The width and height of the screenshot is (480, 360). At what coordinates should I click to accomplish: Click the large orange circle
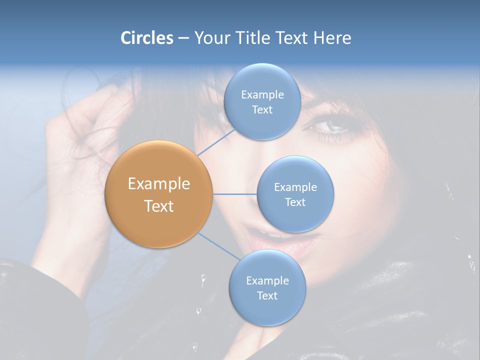[x=159, y=194]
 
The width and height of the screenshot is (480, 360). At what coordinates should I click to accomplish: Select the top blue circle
[x=262, y=101]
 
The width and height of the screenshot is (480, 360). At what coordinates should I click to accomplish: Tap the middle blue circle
[x=295, y=194]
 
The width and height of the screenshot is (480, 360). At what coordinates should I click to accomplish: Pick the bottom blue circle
[x=267, y=287]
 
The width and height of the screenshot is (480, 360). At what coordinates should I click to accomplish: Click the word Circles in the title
[x=147, y=38]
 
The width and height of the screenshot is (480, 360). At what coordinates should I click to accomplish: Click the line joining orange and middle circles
[x=235, y=194]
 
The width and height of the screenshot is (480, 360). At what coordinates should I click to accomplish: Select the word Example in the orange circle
[x=159, y=184]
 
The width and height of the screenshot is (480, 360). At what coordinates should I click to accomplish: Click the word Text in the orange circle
[x=159, y=206]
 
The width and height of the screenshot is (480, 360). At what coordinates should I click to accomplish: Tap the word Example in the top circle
[x=262, y=94]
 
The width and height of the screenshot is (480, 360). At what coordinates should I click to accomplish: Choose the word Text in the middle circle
[x=295, y=202]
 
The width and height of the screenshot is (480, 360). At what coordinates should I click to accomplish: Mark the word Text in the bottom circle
[x=267, y=295]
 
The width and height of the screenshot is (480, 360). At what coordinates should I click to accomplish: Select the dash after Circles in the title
[x=183, y=38]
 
